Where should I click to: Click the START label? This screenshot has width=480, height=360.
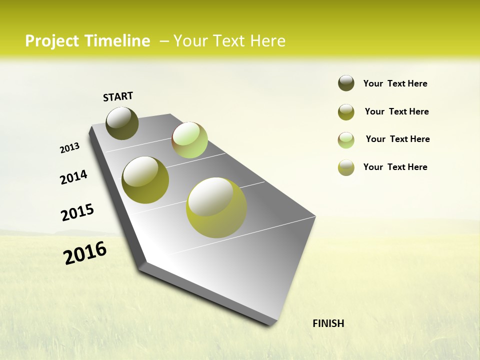pos(118,96)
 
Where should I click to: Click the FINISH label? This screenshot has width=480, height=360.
pos(328,323)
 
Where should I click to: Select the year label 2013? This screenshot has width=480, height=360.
pos(69,148)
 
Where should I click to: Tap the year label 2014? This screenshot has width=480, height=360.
pos(73,177)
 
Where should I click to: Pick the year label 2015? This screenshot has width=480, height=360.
pos(77,212)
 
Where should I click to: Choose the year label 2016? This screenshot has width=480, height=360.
pos(85,253)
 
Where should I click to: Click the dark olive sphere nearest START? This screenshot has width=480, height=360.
pos(122,123)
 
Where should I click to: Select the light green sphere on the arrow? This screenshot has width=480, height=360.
pos(189,140)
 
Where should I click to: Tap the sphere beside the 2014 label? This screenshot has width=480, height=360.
pos(145,180)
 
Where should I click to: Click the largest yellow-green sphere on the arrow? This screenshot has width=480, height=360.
pos(216,207)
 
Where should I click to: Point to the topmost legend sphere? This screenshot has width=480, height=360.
pos(346,83)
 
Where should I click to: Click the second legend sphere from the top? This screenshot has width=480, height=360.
pos(346,112)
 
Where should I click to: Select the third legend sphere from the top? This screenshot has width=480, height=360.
pos(346,140)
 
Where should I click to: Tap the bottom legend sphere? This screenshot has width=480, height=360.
pos(346,167)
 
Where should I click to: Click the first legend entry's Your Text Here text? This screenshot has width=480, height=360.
pos(395,83)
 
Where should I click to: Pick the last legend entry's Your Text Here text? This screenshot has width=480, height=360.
pos(395,167)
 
